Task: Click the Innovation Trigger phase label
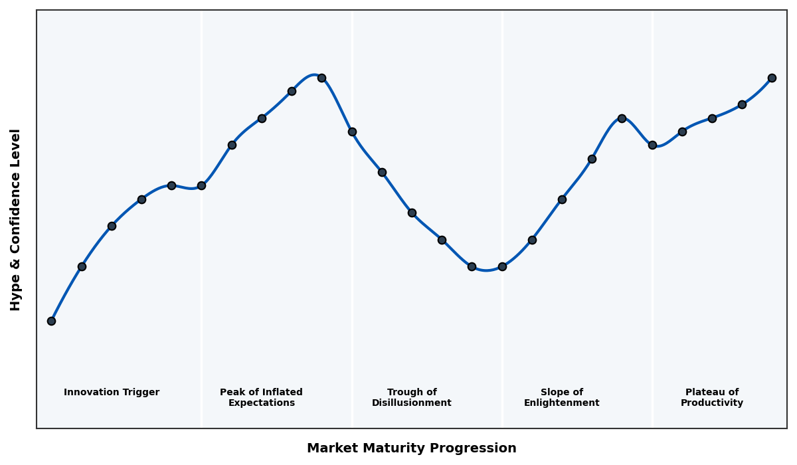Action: (x=112, y=393)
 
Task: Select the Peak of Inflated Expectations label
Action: (x=261, y=397)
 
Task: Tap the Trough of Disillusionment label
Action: (x=411, y=397)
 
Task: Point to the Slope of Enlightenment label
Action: (x=561, y=397)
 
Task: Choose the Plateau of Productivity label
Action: (x=711, y=397)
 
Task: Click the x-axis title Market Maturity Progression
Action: (x=411, y=448)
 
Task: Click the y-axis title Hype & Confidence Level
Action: (x=16, y=219)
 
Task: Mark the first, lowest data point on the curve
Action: (x=51, y=321)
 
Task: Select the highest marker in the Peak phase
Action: (x=321, y=78)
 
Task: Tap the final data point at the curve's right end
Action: (x=772, y=78)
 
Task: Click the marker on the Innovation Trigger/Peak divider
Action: (x=201, y=185)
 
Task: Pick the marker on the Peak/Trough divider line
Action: (x=352, y=132)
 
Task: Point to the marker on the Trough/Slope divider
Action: (x=502, y=266)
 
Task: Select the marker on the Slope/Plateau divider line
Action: (x=652, y=145)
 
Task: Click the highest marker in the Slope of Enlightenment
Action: (x=622, y=118)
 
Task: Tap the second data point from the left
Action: (x=82, y=266)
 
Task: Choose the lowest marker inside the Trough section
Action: (x=472, y=266)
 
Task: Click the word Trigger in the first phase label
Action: (x=140, y=393)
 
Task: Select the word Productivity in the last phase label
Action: (x=711, y=403)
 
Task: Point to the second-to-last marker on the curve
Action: (x=742, y=104)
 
